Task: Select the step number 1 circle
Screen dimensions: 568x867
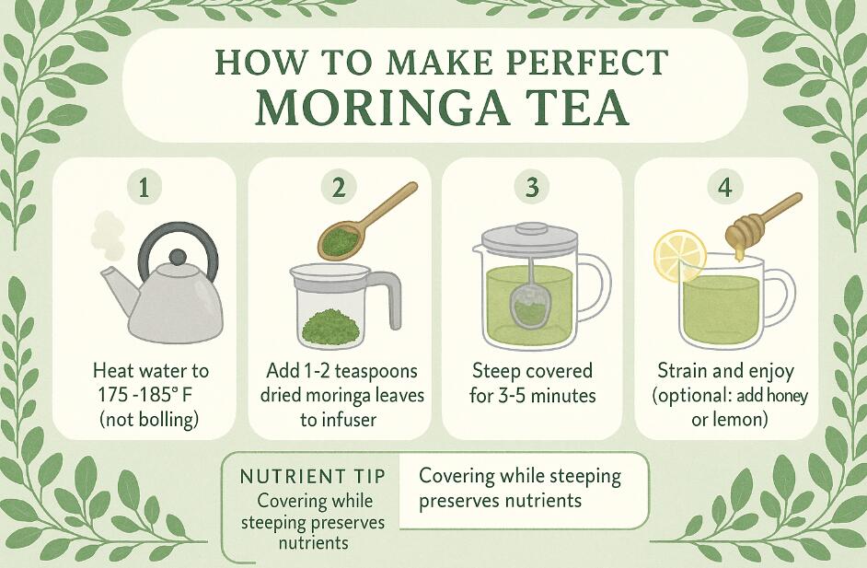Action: tap(144, 189)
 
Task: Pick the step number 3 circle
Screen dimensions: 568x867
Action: tap(531, 189)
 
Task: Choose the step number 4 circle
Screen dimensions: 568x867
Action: tap(725, 189)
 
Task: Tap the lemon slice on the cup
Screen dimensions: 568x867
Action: tap(679, 256)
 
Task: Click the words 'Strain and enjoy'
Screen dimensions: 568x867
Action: tap(725, 371)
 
